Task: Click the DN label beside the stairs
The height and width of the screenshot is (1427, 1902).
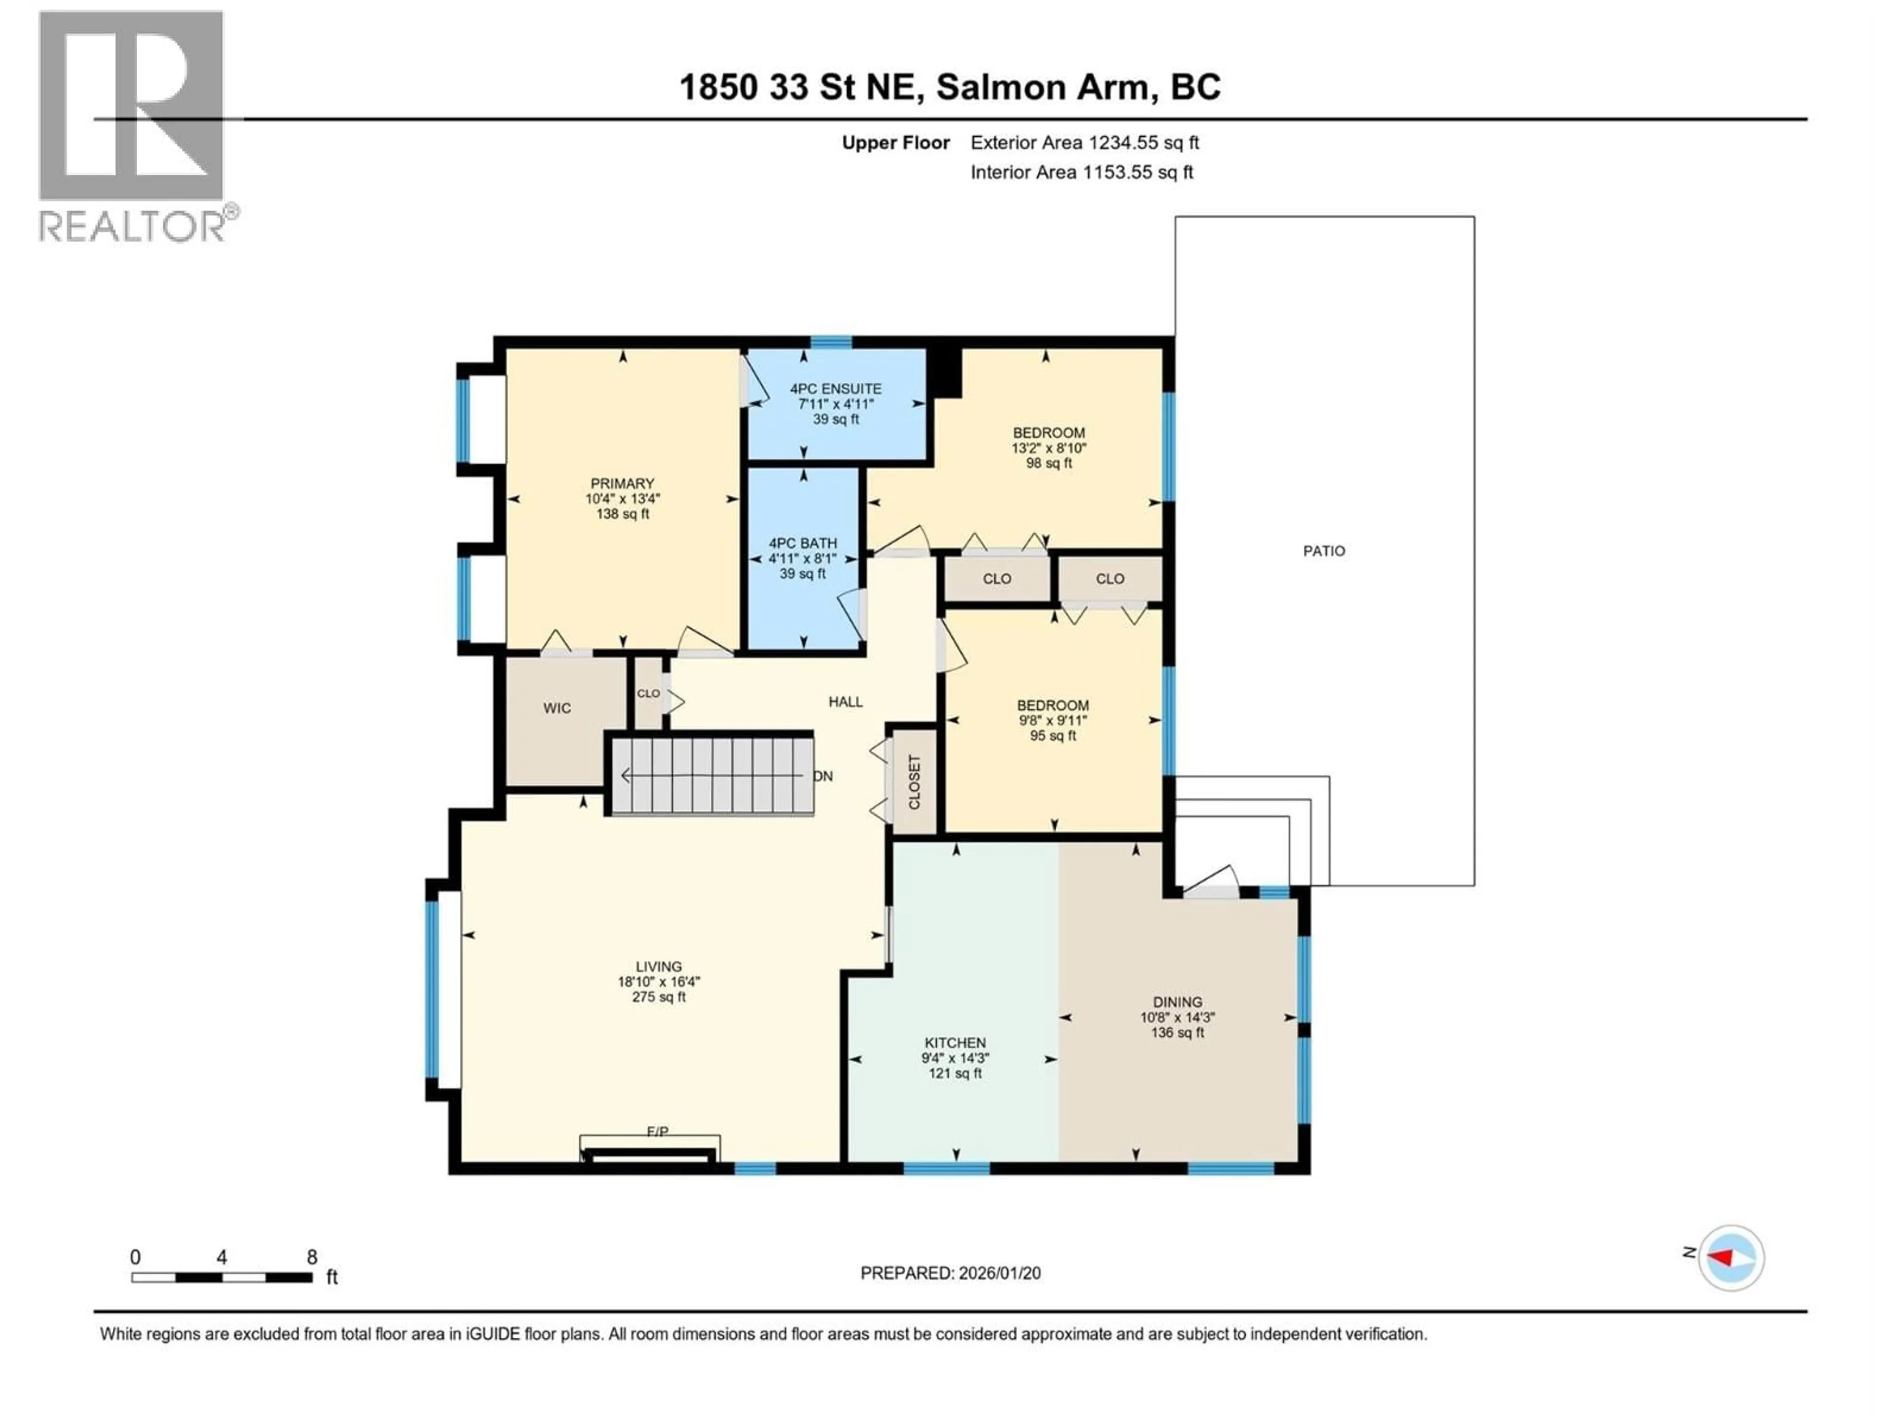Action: pyautogui.click(x=823, y=776)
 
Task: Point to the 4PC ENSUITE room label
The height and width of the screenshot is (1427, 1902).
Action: pyautogui.click(x=836, y=389)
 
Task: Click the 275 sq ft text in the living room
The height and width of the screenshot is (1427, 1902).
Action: pyautogui.click(x=659, y=997)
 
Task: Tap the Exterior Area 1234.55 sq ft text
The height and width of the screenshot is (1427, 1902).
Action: pyautogui.click(x=1084, y=143)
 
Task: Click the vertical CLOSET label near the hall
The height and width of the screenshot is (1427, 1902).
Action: pyautogui.click(x=914, y=782)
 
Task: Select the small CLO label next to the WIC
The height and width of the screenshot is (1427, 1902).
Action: pyautogui.click(x=648, y=693)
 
